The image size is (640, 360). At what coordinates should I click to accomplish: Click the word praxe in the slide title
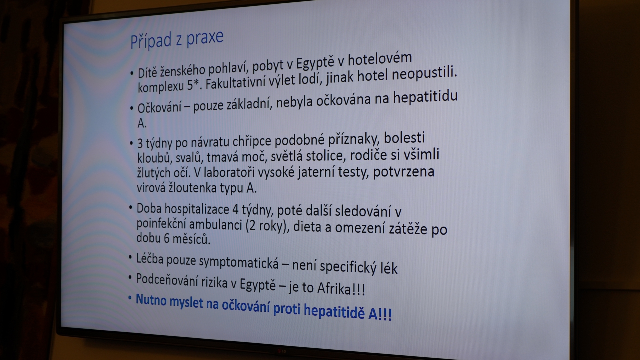click(x=205, y=39)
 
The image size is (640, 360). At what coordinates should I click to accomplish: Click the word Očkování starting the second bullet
click(x=159, y=108)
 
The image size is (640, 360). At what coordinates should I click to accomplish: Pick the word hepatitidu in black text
click(x=425, y=97)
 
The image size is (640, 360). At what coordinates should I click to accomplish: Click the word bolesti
click(x=404, y=138)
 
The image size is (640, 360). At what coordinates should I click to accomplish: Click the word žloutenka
click(x=187, y=188)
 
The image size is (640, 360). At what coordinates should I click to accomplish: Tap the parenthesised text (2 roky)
click(x=266, y=226)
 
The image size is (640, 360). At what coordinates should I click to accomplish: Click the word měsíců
click(x=191, y=239)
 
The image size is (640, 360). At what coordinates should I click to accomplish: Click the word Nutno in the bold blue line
click(x=151, y=299)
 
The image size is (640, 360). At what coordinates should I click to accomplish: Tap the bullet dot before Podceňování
click(x=130, y=277)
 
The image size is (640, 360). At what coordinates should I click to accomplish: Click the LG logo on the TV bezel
click(x=282, y=351)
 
